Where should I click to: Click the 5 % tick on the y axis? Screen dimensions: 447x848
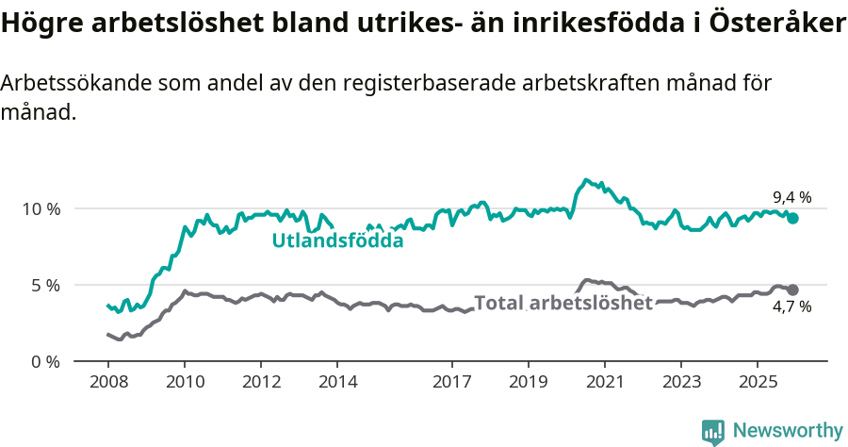pyautogui.click(x=43, y=285)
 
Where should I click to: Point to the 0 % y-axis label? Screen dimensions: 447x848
pyautogui.click(x=43, y=361)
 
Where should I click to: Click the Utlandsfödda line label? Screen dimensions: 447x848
pyautogui.click(x=337, y=240)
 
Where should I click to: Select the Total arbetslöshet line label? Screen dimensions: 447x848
pyautogui.click(x=563, y=303)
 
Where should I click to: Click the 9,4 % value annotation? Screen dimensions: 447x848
pyautogui.click(x=791, y=197)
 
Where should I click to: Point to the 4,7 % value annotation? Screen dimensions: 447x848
pyautogui.click(x=791, y=306)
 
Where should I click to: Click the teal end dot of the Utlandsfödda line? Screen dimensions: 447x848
pyautogui.click(x=792, y=218)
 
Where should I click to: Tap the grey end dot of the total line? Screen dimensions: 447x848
pyautogui.click(x=792, y=290)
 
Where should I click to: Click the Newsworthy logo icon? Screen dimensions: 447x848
pyautogui.click(x=712, y=431)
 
